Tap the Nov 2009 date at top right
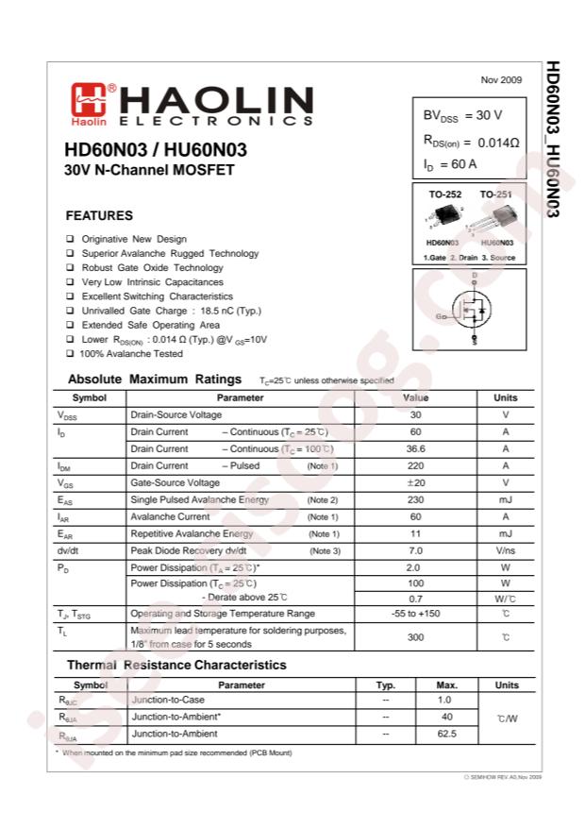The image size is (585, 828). (x=501, y=79)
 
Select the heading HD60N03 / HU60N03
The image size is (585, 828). (x=156, y=150)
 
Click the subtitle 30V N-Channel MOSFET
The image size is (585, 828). (x=149, y=171)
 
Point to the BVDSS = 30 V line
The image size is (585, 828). (x=462, y=115)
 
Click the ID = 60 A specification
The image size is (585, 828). (x=450, y=164)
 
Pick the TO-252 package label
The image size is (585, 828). (x=445, y=194)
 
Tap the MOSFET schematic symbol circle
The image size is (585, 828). (x=471, y=308)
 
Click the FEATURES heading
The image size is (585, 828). (x=99, y=215)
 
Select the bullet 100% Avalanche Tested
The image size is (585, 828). (x=131, y=353)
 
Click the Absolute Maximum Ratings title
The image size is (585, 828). (x=155, y=380)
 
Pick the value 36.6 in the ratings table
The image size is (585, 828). (x=415, y=448)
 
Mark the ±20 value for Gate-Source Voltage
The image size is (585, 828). (x=415, y=482)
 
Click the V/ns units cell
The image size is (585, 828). (x=506, y=550)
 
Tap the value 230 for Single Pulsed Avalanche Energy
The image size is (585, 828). (x=415, y=499)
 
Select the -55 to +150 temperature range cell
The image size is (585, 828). (x=415, y=614)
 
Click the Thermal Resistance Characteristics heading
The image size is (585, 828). (x=176, y=665)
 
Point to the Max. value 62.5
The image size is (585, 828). (x=447, y=733)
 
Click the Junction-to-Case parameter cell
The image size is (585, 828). (x=169, y=701)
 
